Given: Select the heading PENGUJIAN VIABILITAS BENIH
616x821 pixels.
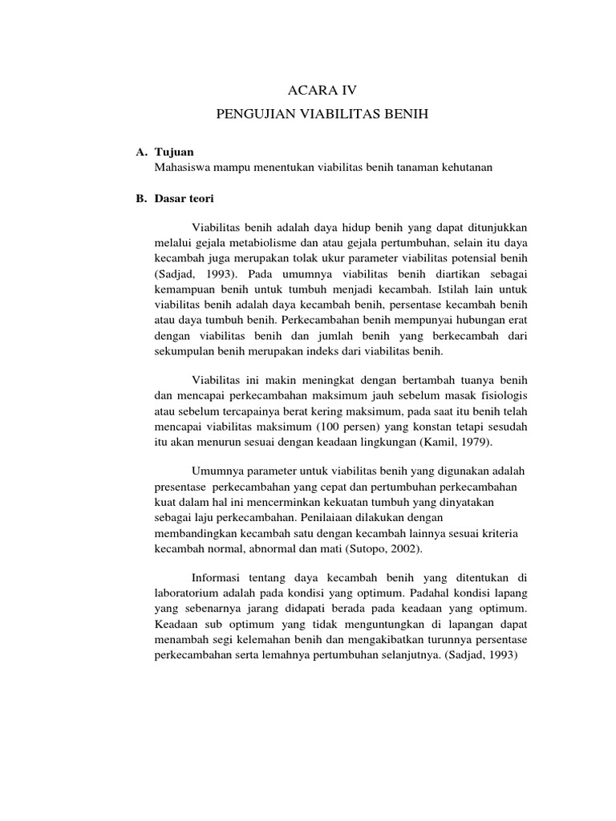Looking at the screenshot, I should coord(323,115).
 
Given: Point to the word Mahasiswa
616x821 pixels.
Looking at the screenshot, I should coord(182,167).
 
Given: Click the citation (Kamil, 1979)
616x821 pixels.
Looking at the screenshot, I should coord(452,441).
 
